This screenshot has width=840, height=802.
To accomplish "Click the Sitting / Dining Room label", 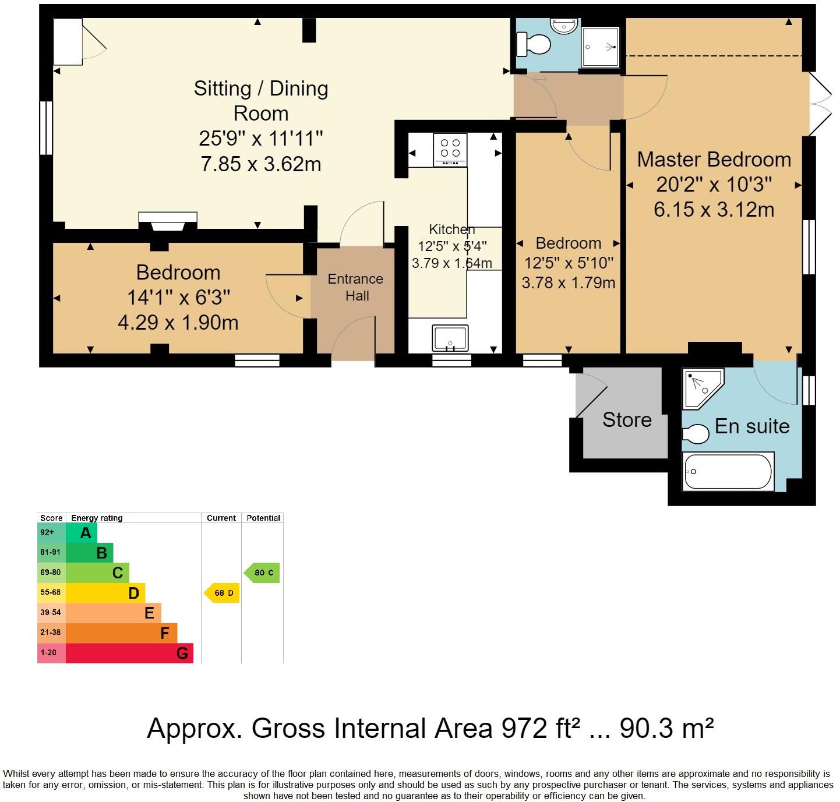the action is pos(261,101).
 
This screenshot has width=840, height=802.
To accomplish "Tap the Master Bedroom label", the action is pos(714,160).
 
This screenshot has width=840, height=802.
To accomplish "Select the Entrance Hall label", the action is pos(356,288).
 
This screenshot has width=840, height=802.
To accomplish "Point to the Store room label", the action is pos(627,419).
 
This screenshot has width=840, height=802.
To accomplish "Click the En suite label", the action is pos(752,426).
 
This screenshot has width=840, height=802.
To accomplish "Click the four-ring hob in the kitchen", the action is pos(450,149).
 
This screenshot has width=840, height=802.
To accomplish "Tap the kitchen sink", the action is pos(450,338).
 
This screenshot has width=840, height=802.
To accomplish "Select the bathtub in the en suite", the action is pos(728,471).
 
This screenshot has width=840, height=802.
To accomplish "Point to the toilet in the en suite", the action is pos(696,433).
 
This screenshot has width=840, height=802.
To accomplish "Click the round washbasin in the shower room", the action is pos(564,26).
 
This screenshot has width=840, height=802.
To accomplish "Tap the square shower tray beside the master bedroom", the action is pos(601,47).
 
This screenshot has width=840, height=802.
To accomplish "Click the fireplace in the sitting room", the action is pos(168,221).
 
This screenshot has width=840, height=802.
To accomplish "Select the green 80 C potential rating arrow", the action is pos(262,573).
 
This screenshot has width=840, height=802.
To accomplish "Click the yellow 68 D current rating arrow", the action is pos(221,593).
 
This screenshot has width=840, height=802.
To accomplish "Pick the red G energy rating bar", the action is pos(129,653).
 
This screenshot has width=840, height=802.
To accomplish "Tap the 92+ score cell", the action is pos(51,533).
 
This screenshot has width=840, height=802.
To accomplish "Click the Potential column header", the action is pos(263,518).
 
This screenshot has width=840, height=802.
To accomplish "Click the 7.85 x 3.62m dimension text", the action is pos(261,164).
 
